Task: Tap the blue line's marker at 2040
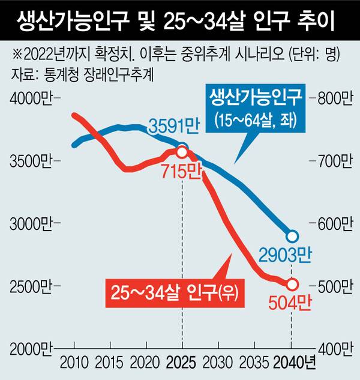click(x=292, y=237)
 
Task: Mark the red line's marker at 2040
click(x=292, y=284)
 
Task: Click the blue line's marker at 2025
click(x=182, y=148)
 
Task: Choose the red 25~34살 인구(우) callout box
click(x=175, y=292)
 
